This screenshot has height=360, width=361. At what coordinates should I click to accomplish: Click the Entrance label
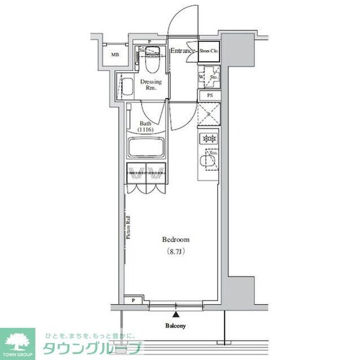tap(182, 51)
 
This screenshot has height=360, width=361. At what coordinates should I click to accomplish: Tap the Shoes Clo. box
tap(209, 51)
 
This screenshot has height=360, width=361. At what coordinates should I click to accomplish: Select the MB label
tap(114, 56)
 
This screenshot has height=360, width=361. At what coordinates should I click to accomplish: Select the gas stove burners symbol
tap(210, 139)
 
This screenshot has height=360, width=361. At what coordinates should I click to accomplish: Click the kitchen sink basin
tap(209, 161)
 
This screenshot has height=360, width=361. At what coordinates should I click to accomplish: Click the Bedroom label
tap(176, 240)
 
